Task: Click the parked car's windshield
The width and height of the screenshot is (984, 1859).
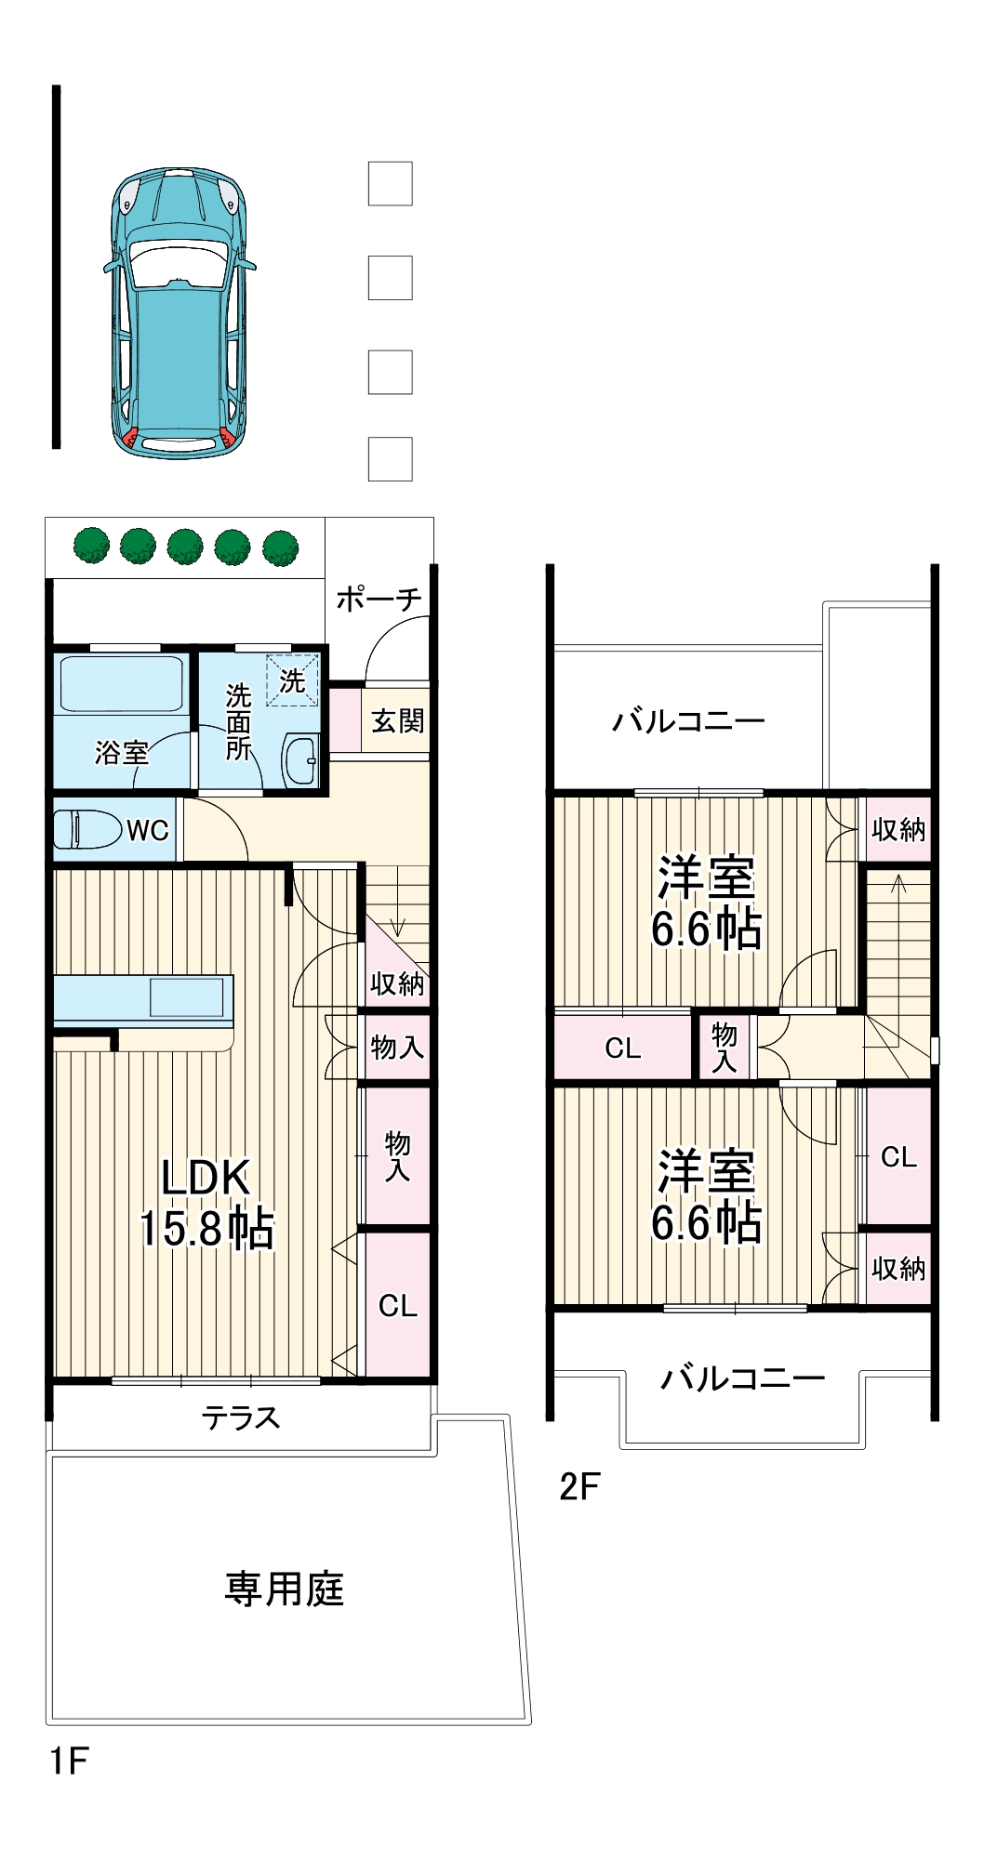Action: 180,262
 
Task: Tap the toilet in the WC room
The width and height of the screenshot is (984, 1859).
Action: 87,829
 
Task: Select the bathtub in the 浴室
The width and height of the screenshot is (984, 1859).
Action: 122,684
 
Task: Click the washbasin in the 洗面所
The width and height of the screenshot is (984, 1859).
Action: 301,759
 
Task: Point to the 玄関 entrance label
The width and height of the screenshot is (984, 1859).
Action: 397,720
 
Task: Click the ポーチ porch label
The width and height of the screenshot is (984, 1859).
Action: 379,599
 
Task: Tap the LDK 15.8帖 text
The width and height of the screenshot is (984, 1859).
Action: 206,1203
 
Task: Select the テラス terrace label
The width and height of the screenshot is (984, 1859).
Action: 241,1417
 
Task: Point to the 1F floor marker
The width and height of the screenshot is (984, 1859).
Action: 70,1760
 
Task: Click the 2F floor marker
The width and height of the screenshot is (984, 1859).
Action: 579,1486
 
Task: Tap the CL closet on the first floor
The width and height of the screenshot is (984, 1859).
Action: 398,1305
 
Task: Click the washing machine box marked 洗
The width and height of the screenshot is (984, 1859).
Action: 293,680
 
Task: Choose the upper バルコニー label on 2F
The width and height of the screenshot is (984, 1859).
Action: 688,720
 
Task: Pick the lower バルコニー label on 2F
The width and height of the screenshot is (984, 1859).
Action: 742,1377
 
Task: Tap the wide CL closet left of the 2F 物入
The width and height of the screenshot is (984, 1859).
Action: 623,1048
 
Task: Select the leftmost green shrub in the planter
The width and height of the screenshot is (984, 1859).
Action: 92,546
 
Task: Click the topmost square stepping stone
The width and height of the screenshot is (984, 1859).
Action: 391,184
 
